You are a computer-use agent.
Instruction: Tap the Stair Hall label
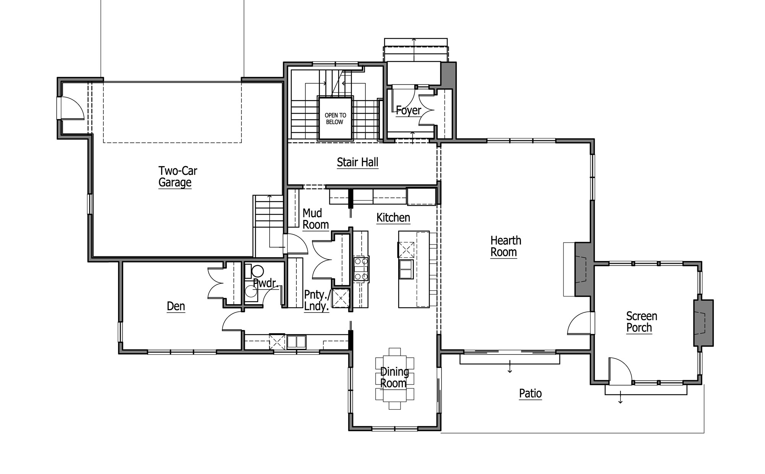click(358, 162)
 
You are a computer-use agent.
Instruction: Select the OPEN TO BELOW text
click(335, 119)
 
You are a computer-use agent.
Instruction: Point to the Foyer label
click(408, 111)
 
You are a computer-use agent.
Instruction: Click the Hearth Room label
click(506, 246)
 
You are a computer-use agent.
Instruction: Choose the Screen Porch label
click(641, 322)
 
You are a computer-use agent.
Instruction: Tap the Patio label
click(530, 393)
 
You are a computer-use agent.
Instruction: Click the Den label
click(176, 306)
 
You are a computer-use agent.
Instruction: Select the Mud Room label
click(316, 219)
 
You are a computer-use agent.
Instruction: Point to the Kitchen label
click(393, 218)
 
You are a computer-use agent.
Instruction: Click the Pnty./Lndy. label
click(317, 301)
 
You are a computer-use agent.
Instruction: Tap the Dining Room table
click(395, 379)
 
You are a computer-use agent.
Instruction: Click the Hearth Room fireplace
click(584, 269)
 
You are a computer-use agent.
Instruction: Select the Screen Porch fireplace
click(703, 323)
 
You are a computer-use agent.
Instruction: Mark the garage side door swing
click(73, 108)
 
